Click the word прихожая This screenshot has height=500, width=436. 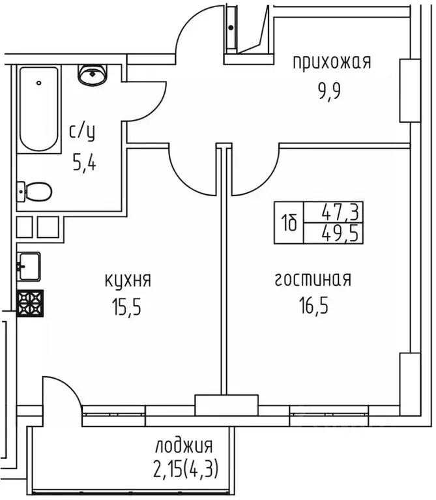(331, 63)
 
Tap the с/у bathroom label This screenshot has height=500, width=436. (82, 133)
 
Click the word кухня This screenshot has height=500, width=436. (128, 281)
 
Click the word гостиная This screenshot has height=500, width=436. (313, 280)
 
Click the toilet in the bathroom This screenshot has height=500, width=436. (35, 192)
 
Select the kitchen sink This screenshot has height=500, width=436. (29, 265)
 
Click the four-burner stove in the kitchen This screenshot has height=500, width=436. (30, 303)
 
